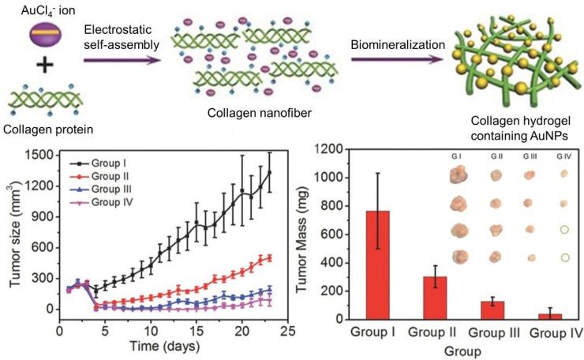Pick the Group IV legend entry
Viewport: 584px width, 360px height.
(x=111, y=204)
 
